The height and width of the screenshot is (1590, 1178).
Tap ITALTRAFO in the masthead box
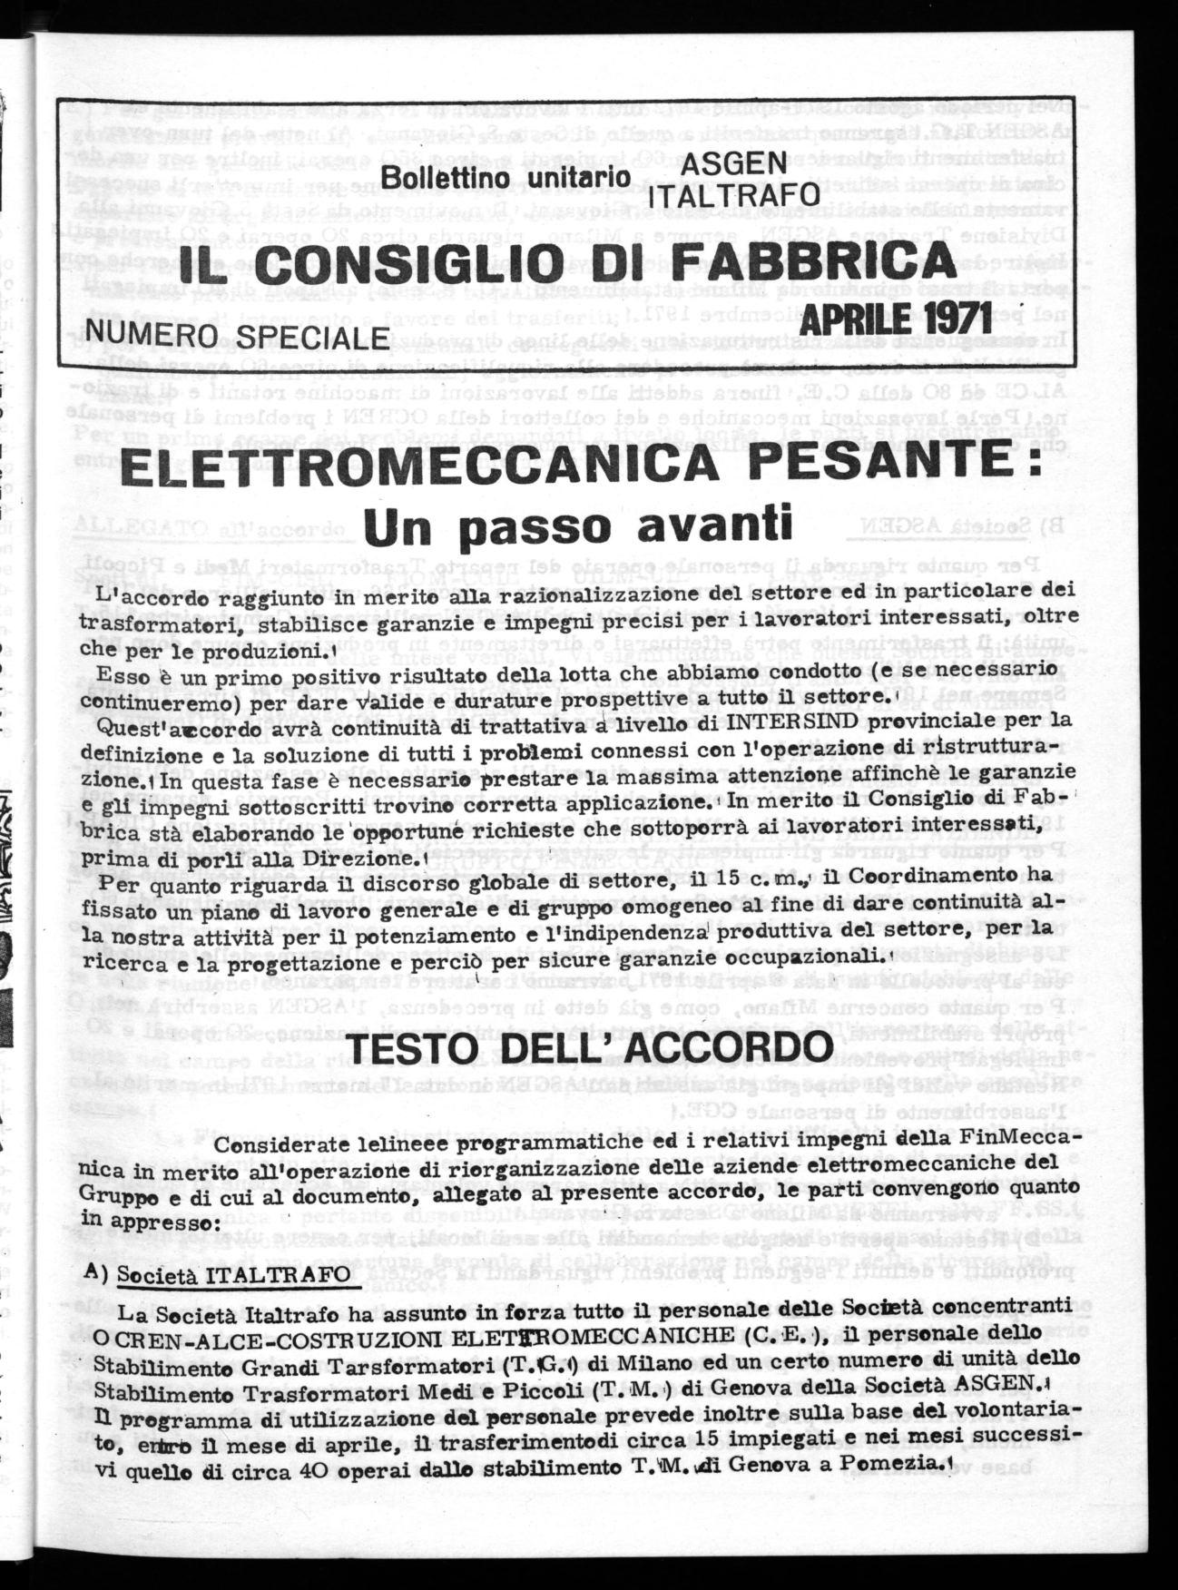pyautogui.click(x=734, y=195)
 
